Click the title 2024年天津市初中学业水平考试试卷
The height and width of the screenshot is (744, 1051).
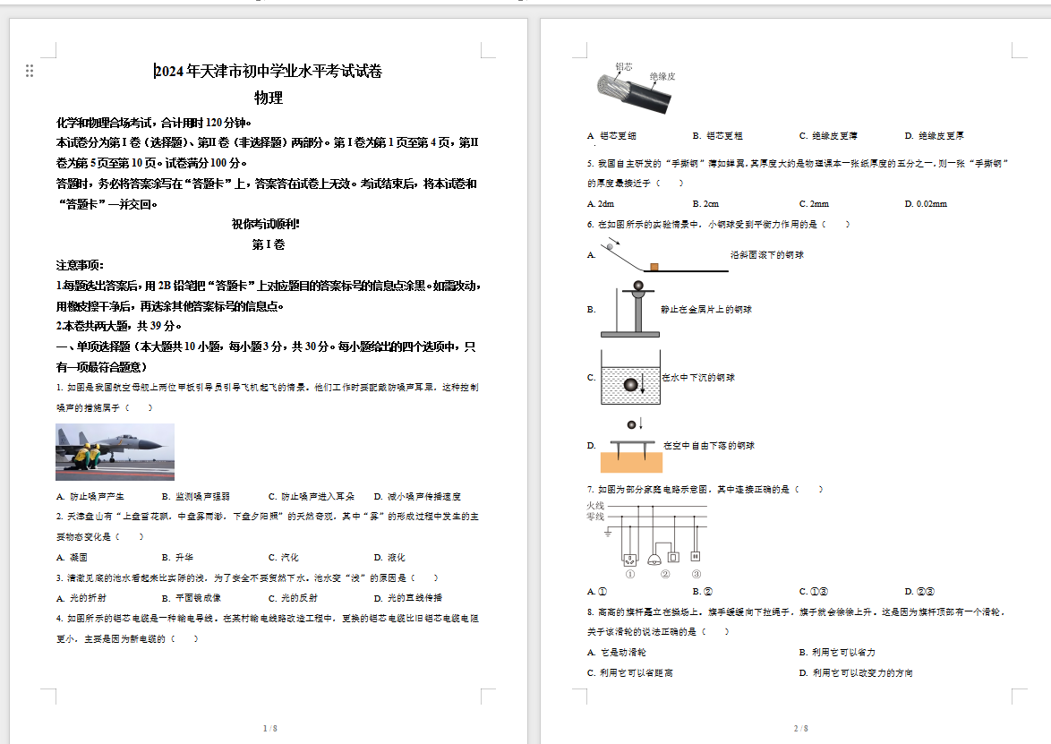[x=269, y=73]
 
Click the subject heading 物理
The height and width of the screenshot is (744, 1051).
[x=269, y=98]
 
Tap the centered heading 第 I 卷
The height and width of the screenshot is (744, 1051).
[x=269, y=244]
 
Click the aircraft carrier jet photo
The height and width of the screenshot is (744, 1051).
[x=115, y=452]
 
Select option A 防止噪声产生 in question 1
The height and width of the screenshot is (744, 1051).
[x=90, y=496]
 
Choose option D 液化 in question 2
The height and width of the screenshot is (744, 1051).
[x=389, y=558]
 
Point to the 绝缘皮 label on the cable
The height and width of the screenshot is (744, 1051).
[x=662, y=77]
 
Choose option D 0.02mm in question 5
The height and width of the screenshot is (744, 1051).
[x=926, y=204]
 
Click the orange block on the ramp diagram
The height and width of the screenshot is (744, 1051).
[x=654, y=266]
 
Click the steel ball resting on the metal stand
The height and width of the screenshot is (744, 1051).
[x=637, y=286]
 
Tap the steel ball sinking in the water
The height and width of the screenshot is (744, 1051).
[x=630, y=384]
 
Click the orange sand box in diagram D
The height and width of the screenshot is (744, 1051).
[x=631, y=462]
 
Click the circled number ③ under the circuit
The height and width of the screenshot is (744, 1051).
[x=696, y=574]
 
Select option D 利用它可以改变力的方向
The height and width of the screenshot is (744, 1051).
[x=856, y=673]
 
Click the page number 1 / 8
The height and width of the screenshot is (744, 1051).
[x=269, y=729]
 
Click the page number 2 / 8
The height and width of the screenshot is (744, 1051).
[x=800, y=729]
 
